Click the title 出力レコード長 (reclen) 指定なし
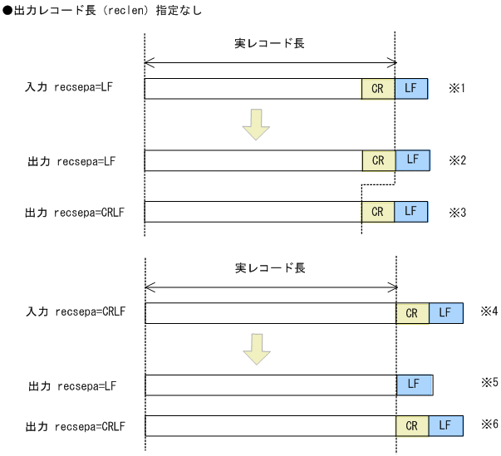[102, 12]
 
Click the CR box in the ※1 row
[378, 88]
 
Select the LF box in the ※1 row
[410, 88]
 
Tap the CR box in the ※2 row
[379, 160]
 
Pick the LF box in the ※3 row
[410, 212]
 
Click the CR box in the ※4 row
[412, 313]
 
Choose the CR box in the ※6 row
[412, 425]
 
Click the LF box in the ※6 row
[445, 425]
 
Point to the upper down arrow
[256, 125]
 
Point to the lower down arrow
[257, 349]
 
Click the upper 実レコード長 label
[269, 43]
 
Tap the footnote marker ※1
[458, 87]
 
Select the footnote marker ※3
[458, 212]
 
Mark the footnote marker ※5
[489, 383]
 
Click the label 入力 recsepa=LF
[68, 88]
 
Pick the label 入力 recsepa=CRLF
[76, 313]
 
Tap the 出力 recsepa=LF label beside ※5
[71, 386]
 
